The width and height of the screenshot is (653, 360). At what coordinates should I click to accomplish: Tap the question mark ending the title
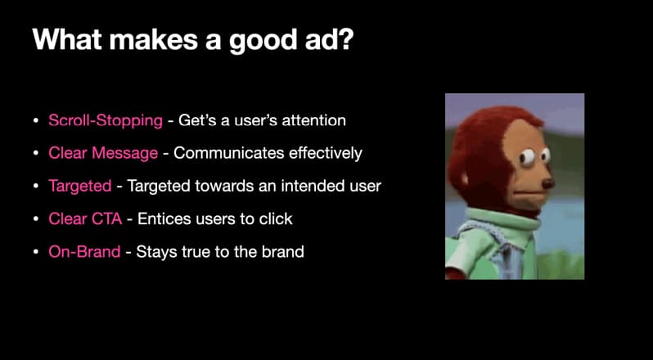pyautogui.click(x=345, y=38)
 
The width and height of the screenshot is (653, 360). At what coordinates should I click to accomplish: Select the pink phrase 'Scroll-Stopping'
pyautogui.click(x=106, y=121)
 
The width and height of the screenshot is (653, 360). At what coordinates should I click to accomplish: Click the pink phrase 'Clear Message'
pyautogui.click(x=103, y=153)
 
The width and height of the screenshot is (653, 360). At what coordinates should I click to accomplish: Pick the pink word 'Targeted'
pyautogui.click(x=80, y=186)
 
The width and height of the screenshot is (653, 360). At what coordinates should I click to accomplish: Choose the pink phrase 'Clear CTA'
pyautogui.click(x=85, y=219)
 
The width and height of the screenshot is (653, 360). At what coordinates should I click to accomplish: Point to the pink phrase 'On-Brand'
pyautogui.click(x=84, y=251)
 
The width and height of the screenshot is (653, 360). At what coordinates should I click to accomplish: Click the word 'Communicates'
pyautogui.click(x=229, y=153)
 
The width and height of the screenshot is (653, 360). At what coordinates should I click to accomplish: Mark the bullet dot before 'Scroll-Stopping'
pyautogui.click(x=36, y=121)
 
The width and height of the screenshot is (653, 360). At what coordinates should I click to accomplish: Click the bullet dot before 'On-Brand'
pyautogui.click(x=36, y=252)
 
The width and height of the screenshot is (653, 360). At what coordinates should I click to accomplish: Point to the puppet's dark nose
pyautogui.click(x=548, y=182)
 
